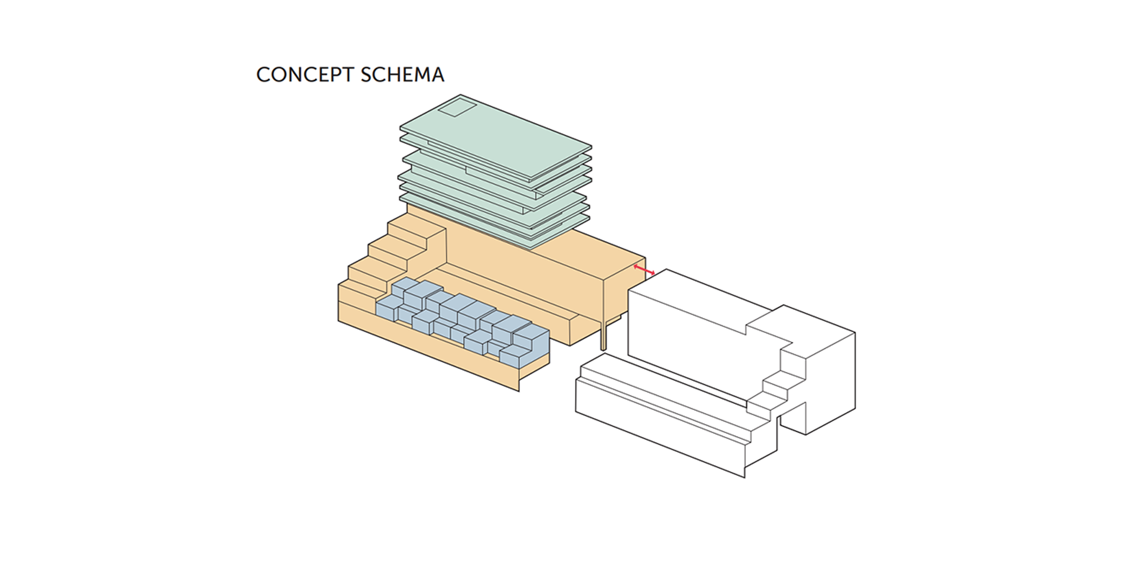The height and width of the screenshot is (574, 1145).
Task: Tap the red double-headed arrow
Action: point(644,270)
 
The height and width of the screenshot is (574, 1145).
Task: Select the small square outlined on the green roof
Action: point(457,108)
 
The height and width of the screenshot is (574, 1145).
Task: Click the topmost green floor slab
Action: point(496,136)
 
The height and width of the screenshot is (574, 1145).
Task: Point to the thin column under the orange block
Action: point(603,336)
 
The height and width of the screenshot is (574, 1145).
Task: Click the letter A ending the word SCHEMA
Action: point(437,75)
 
